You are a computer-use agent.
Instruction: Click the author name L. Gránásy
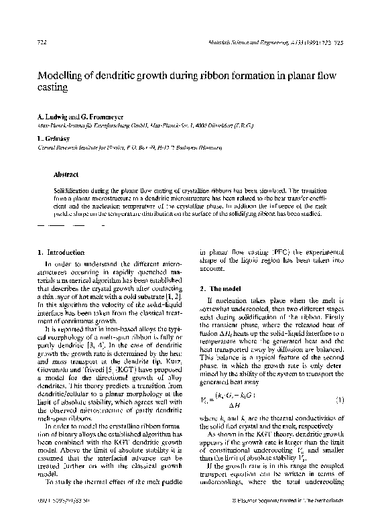pyautogui.click(x=49, y=136)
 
